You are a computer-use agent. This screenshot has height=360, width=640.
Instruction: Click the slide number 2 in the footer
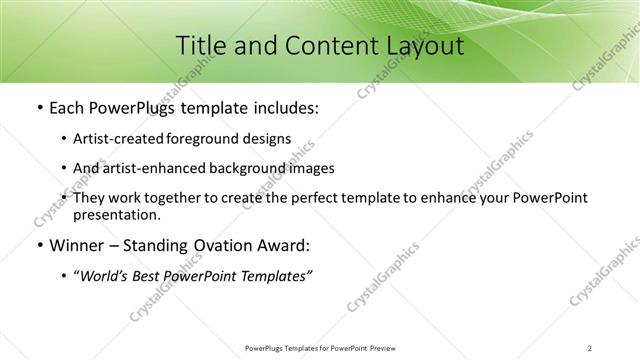[x=590, y=347]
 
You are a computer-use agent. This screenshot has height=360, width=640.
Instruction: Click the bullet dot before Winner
[x=38, y=246]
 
